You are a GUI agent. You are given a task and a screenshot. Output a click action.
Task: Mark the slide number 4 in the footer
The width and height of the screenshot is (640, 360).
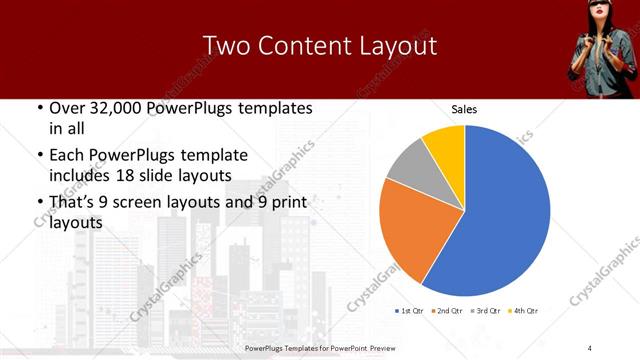click(590, 347)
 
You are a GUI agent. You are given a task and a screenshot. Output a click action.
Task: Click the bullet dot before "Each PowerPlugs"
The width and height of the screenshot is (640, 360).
click(38, 156)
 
